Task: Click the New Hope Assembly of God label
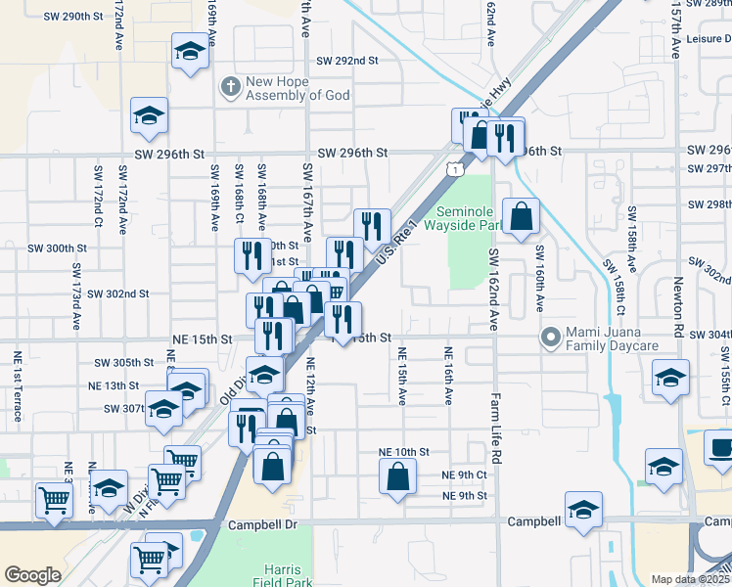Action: pos(290,88)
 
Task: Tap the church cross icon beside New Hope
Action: pos(231,88)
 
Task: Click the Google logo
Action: pos(32,575)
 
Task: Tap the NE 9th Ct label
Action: pos(464,474)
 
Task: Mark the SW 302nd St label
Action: pos(117,293)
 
